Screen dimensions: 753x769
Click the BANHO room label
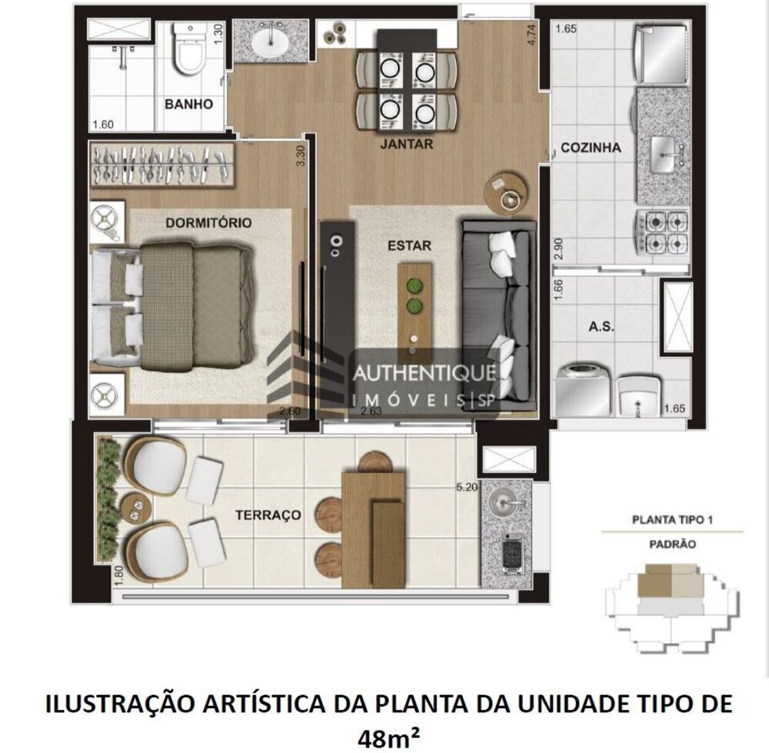pos(188,104)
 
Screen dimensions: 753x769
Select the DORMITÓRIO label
pos(208,223)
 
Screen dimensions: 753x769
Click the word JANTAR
pos(406,144)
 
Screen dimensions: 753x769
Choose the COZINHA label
pos(590,148)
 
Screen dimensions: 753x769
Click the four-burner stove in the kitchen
pos(661,232)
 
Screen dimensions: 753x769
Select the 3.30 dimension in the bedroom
pos(301,157)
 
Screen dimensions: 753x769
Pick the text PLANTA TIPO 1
pos(673,519)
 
